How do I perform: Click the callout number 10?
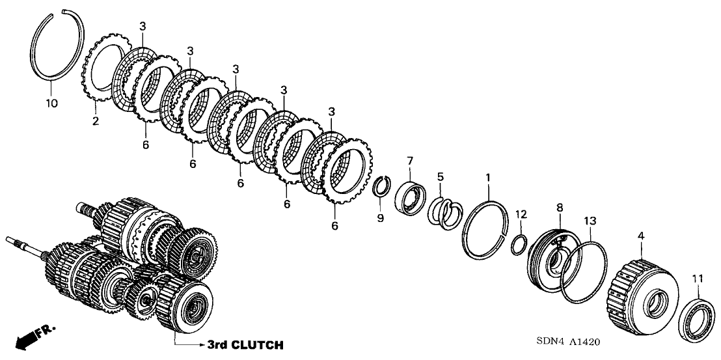pyautogui.click(x=51, y=104)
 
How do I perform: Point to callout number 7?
pyautogui.click(x=409, y=161)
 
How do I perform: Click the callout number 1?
pyautogui.click(x=488, y=177)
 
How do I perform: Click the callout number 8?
pyautogui.click(x=558, y=208)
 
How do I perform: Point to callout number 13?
pyautogui.click(x=589, y=222)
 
